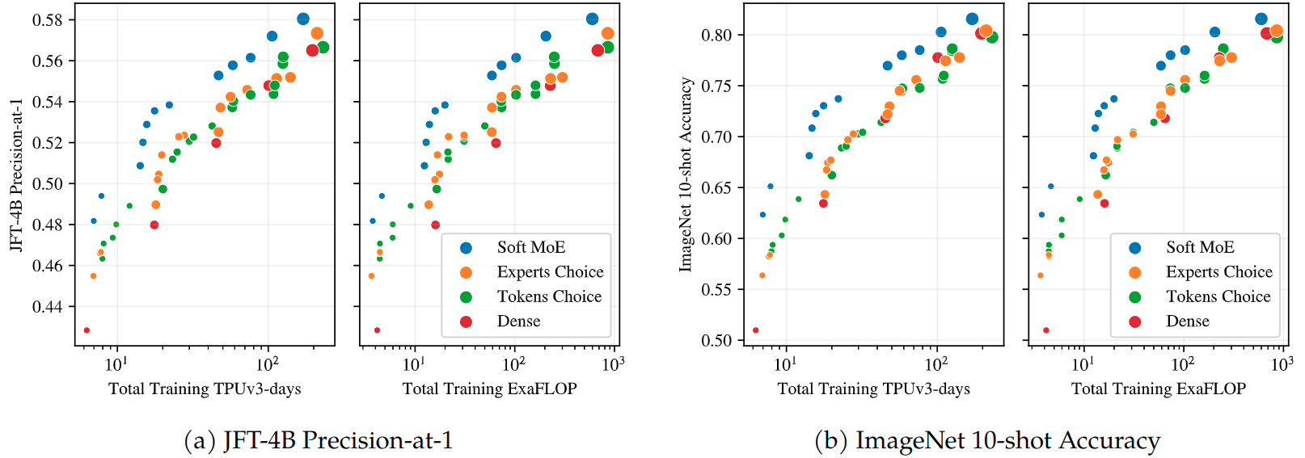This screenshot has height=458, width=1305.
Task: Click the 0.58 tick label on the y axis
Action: pyautogui.click(x=47, y=19)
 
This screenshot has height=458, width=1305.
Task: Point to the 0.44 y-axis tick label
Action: pyautogui.click(x=47, y=306)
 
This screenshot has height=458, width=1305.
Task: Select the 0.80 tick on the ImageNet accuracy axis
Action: pyautogui.click(x=716, y=35)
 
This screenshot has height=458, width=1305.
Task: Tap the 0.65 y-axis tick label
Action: pyautogui.click(x=716, y=187)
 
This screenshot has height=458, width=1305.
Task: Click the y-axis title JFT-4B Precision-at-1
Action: pyautogui.click(x=15, y=175)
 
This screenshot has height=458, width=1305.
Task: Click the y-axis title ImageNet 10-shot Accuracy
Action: pyautogui.click(x=686, y=174)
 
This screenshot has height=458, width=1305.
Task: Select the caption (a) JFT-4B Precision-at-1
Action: pyautogui.click(x=319, y=440)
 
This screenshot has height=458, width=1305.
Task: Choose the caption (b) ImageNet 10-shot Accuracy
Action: pyautogui.click(x=987, y=440)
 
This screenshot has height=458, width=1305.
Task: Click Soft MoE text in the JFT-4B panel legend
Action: pyautogui.click(x=530, y=247)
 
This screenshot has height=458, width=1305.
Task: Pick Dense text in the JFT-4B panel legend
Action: pyautogui.click(x=518, y=321)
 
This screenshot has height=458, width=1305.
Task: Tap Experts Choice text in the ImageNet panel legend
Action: pyautogui.click(x=1218, y=272)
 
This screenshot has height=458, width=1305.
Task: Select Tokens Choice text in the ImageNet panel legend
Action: pyautogui.click(x=1218, y=296)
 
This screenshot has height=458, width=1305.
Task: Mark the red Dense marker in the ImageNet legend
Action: pyautogui.click(x=1135, y=321)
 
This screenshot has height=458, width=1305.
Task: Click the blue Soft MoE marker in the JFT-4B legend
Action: pyautogui.click(x=466, y=248)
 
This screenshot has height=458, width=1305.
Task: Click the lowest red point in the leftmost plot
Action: pyautogui.click(x=87, y=330)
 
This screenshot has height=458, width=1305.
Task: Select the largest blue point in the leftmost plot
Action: pyautogui.click(x=303, y=19)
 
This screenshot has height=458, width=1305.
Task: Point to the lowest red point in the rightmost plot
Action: pyautogui.click(x=1045, y=330)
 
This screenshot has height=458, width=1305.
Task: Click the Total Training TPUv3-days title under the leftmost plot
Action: pyautogui.click(x=205, y=389)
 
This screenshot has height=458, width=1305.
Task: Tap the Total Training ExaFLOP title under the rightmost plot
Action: pyautogui.click(x=1158, y=389)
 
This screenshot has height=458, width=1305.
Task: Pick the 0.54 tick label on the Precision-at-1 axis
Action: pyautogui.click(x=47, y=102)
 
